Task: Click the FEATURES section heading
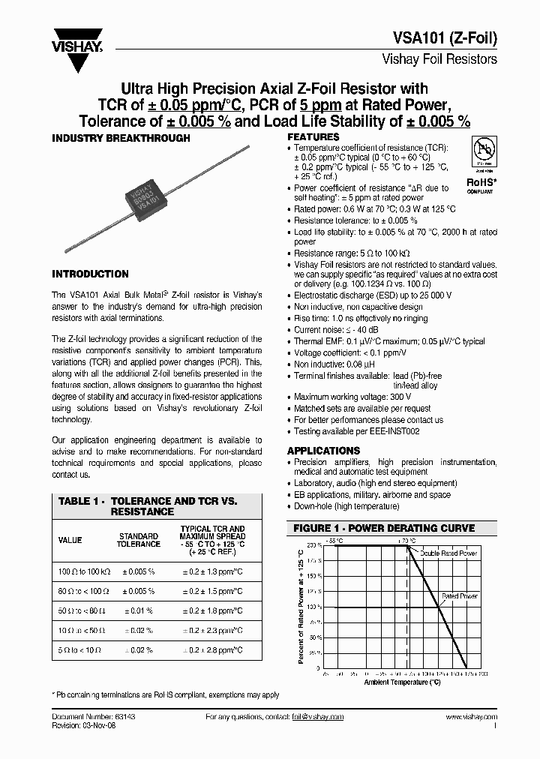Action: click(313, 137)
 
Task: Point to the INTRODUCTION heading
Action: click(89, 274)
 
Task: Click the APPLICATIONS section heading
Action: click(323, 451)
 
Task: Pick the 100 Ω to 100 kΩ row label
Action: click(84, 571)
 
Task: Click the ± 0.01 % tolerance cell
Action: click(138, 611)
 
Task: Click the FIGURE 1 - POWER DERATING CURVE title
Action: click(383, 528)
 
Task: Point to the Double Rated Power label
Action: click(448, 553)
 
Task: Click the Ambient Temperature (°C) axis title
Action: click(402, 682)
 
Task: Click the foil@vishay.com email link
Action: click(317, 718)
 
